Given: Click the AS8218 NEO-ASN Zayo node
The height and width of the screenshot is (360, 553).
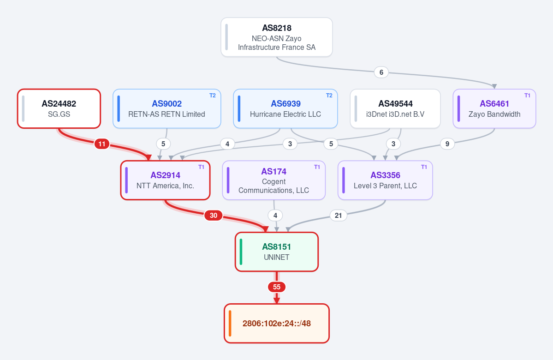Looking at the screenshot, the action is (x=277, y=37).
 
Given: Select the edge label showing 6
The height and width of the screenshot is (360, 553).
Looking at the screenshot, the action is (x=381, y=72).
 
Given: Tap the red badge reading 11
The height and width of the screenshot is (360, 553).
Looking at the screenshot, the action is (x=101, y=144).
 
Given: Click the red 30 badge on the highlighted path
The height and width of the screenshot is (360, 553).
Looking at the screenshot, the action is (x=214, y=215).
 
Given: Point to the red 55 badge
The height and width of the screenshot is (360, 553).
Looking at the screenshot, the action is (x=277, y=287).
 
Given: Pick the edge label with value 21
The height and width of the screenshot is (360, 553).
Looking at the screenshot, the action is (x=338, y=215).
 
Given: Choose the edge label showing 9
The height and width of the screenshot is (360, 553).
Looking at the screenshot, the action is (x=447, y=144).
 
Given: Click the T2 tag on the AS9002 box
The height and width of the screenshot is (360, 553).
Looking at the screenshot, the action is (x=212, y=95).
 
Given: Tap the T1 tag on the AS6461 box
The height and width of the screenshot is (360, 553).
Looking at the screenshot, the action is (x=527, y=95).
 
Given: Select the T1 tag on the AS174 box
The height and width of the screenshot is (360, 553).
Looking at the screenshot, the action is (x=317, y=167).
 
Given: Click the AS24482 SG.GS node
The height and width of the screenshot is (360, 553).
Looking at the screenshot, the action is (x=59, y=109).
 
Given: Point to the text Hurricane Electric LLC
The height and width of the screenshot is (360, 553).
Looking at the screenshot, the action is (x=285, y=114).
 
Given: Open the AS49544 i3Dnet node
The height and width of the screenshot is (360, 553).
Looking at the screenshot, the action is (x=395, y=109).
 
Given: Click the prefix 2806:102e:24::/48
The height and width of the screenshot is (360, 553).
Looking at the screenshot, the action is (x=277, y=323).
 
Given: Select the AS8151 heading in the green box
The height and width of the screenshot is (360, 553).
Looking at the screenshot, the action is (x=277, y=247).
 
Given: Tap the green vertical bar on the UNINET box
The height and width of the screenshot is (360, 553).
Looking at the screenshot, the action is (x=241, y=252).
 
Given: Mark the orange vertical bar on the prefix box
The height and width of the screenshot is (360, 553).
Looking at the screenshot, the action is (x=230, y=323).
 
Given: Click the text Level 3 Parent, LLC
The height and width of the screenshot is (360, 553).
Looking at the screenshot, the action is (x=385, y=186).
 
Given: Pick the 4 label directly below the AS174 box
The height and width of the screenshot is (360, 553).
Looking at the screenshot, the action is (x=275, y=215).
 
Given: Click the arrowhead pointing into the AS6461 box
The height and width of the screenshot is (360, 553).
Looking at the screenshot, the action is (x=494, y=86).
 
